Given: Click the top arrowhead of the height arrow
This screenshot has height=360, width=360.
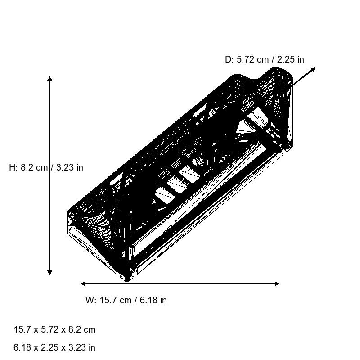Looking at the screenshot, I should coord(49,79).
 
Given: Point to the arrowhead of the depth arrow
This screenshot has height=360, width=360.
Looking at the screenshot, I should coord(314,69).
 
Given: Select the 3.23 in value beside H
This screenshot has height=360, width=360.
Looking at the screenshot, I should coord(70,167).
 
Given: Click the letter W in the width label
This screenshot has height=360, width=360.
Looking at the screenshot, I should coord(89,300).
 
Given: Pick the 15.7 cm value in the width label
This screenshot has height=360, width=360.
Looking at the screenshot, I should coord(114,300).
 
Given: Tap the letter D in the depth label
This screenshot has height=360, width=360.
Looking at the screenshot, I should coord(228,59).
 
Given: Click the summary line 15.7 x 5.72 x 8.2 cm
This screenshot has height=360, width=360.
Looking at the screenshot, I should coord(55,329).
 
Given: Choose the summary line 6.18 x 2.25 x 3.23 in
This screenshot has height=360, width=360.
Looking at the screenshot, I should coord(55,347).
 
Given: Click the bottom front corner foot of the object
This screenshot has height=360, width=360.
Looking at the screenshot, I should coord(127,277).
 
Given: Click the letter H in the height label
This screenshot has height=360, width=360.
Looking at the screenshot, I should coord(12,167).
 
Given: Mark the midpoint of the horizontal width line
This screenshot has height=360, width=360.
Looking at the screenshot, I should coord(180,283).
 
